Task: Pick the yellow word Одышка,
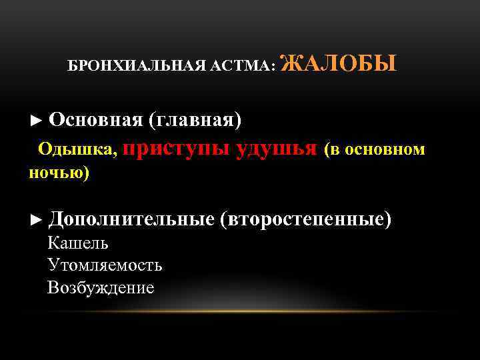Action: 78,149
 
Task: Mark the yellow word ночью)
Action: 59,173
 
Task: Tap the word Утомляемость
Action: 105,265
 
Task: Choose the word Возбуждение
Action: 101,287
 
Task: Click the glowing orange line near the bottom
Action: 240,311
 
